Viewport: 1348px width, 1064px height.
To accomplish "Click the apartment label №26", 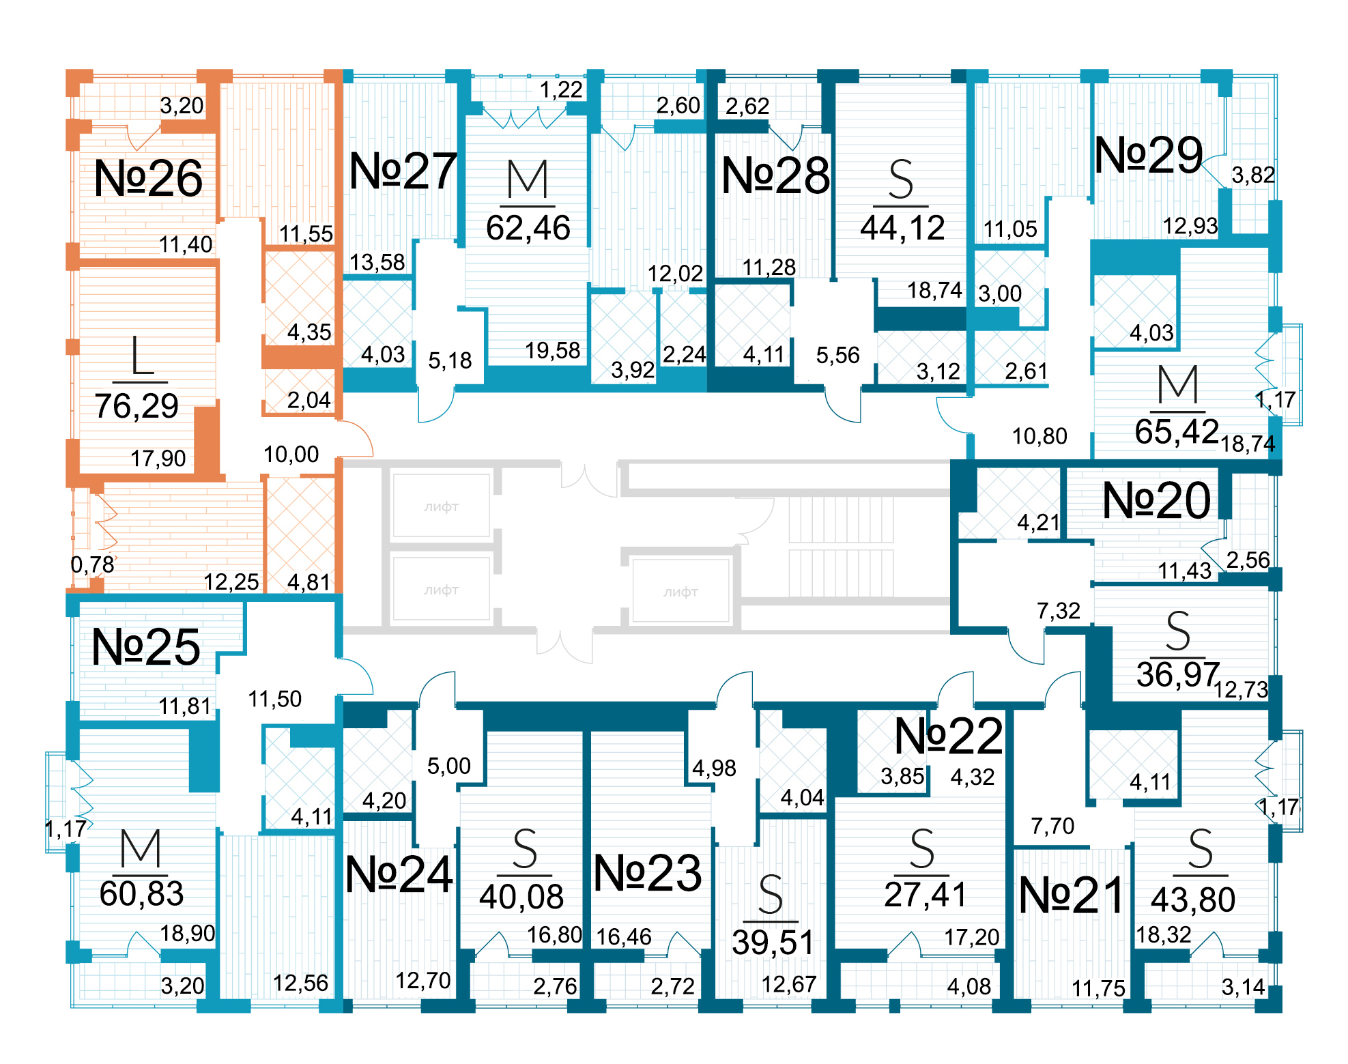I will click(x=148, y=179).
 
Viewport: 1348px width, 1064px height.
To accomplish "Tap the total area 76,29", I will click(x=137, y=406).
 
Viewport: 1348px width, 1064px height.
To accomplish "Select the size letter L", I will click(x=141, y=356).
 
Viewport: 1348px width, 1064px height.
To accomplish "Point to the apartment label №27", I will click(x=403, y=171).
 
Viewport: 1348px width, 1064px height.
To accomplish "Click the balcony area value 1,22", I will click(x=561, y=89).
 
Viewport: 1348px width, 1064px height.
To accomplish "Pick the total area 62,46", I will click(x=528, y=228).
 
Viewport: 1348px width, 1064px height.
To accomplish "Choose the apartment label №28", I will click(x=775, y=176).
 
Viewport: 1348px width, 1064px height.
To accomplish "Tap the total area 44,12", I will click(x=902, y=228).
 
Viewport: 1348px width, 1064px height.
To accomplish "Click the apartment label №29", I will click(x=1149, y=156).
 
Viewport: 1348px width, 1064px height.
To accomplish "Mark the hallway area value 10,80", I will click(x=1039, y=436).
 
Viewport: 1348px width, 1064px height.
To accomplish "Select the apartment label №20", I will click(x=1156, y=501).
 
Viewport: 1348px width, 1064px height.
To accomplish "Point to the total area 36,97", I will click(x=1177, y=675).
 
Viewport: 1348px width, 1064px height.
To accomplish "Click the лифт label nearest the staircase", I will click(x=680, y=592).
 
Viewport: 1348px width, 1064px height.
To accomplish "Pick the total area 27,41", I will click(x=926, y=895).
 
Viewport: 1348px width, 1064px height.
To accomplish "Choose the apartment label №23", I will click(x=647, y=874).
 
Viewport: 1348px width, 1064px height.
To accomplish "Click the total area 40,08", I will click(x=521, y=897).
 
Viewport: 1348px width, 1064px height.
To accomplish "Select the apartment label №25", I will click(x=146, y=647).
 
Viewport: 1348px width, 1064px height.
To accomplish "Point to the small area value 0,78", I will click(x=92, y=564).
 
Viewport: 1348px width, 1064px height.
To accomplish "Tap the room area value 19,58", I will click(x=552, y=351).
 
